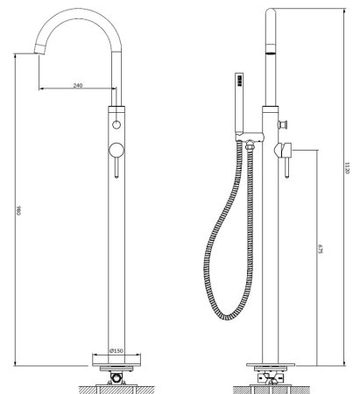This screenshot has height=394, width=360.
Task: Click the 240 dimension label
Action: coord(78,85)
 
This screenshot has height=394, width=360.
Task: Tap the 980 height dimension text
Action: coord(19,210)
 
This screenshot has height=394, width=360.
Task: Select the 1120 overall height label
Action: coord(347,168)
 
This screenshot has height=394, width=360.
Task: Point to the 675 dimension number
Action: coord(320,249)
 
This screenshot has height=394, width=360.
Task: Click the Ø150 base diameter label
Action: coord(116,350)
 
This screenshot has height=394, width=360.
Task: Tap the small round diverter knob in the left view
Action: coord(116,124)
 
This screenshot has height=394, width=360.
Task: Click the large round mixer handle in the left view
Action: coord(116,150)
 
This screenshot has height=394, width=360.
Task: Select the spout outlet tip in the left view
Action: coord(40,49)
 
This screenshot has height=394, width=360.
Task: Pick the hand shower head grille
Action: coord(240,81)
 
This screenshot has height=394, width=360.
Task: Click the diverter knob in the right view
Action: coord(284,124)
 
